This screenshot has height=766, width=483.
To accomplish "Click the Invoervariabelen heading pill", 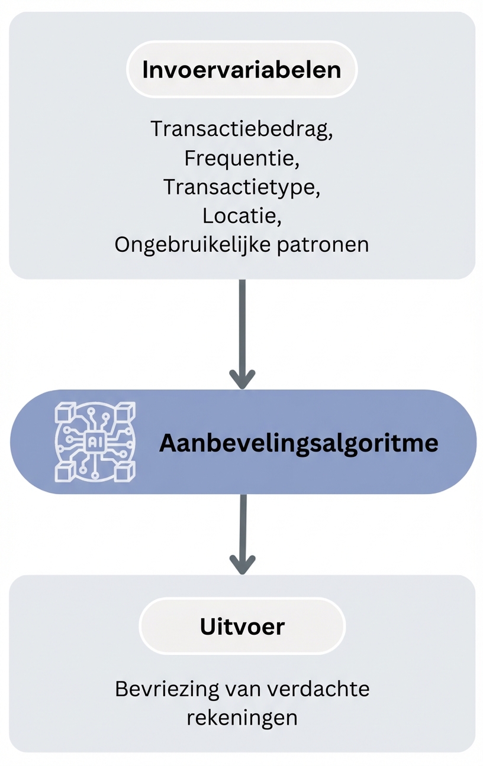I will click(x=241, y=70).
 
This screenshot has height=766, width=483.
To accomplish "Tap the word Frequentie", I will click(x=241, y=158).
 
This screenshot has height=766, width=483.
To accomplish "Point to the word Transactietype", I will click(x=241, y=187).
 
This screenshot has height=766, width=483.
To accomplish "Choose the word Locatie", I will click(x=241, y=216).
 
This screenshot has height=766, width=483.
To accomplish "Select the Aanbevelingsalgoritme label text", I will click(x=298, y=443).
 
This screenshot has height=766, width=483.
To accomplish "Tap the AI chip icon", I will click(x=95, y=442).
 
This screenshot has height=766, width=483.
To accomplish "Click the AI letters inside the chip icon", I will click(x=95, y=441).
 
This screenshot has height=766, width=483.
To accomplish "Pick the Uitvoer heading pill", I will click(x=241, y=627).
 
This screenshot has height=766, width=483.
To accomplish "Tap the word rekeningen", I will click(x=241, y=718).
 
